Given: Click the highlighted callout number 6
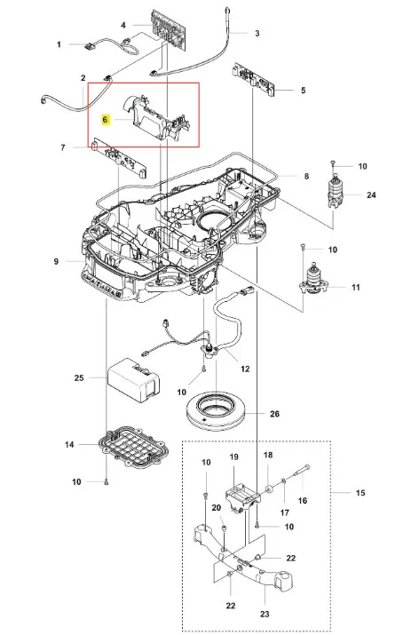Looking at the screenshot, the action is pos(106,120).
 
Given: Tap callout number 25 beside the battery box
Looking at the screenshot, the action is pos(79,377).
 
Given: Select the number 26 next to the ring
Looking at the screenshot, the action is pos(274,414).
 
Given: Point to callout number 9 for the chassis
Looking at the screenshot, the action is pos(56,262).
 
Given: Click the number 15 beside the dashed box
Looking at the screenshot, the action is pos(360,493).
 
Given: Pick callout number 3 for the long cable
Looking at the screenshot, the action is pos(257,33).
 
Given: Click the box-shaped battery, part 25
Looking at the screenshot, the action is pos(133,381).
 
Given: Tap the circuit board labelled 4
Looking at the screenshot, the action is pos(169,29).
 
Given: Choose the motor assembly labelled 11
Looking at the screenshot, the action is pos(313,280).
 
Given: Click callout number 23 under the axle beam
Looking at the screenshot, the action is pos(265,614).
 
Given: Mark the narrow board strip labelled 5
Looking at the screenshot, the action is pos(253,80).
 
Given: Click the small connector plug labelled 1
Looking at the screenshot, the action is pos(89,46).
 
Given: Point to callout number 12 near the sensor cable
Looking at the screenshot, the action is pos(245,369).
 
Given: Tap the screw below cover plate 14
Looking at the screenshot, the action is pos(107,481).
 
